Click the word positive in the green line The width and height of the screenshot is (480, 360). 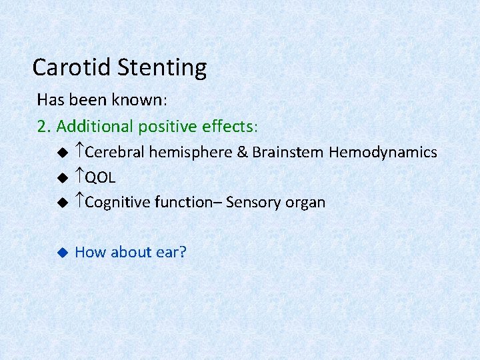pyautogui.click(x=168, y=125)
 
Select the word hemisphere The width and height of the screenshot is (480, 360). pyautogui.click(x=190, y=152)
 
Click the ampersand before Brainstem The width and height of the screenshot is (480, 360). pyautogui.click(x=243, y=152)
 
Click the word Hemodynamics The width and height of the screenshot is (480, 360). pyautogui.click(x=383, y=152)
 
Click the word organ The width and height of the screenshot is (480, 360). pyautogui.click(x=306, y=203)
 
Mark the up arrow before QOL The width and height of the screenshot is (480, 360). pyautogui.click(x=79, y=177)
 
